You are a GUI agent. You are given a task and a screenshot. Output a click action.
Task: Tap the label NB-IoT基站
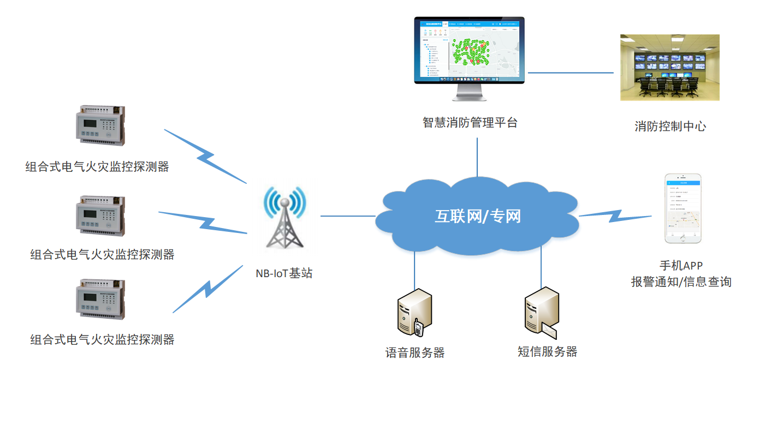(284, 273)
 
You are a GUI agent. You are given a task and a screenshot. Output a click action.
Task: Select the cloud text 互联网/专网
(478, 217)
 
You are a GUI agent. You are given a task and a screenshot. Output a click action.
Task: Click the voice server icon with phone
(413, 313)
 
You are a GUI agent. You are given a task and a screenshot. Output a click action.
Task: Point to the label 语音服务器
(415, 352)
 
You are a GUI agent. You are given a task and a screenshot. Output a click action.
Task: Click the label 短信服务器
(547, 351)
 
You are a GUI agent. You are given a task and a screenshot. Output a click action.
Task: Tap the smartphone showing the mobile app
(683, 208)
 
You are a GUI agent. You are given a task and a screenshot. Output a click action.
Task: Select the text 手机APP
(681, 266)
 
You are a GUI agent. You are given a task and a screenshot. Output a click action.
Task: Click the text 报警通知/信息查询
(681, 282)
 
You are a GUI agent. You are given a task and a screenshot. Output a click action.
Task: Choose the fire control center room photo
(669, 68)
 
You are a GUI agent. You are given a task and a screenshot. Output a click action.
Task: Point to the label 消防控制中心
(670, 127)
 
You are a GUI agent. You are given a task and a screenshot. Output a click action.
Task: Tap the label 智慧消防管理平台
(470, 123)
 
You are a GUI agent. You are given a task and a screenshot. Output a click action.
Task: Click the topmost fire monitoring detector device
(100, 125)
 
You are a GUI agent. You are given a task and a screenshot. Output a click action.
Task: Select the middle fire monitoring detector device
(100, 215)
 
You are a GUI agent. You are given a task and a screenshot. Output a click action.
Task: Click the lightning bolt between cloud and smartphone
(615, 216)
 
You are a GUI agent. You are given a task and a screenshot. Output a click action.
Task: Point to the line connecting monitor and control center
(571, 73)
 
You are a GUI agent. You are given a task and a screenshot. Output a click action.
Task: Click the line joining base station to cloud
(348, 216)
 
